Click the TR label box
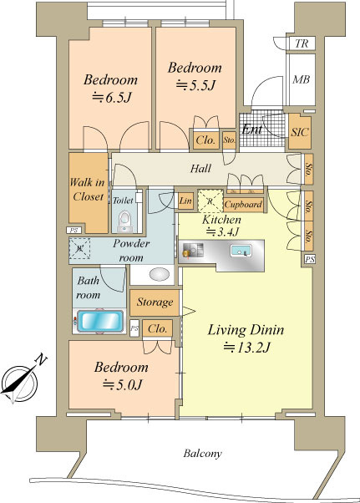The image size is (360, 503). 301,43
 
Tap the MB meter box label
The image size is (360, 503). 301,79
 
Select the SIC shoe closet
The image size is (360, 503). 300,131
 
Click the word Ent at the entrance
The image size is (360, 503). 252,129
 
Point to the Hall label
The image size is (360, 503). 200,169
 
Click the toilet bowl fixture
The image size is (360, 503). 124,221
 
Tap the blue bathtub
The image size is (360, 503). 100,321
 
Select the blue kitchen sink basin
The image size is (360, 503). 241,251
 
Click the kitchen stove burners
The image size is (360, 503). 193,250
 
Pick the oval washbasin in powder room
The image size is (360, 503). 160,275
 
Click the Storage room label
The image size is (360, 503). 155,302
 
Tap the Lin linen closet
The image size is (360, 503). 185,201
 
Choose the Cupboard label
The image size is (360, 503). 243,205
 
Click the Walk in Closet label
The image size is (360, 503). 87,190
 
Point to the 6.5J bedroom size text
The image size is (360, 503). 112,97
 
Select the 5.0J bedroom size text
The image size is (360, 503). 122,384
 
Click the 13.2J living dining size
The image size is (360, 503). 247,347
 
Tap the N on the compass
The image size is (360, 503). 41,359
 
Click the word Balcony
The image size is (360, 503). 203,453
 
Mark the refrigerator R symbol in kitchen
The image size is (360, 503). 210,201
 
